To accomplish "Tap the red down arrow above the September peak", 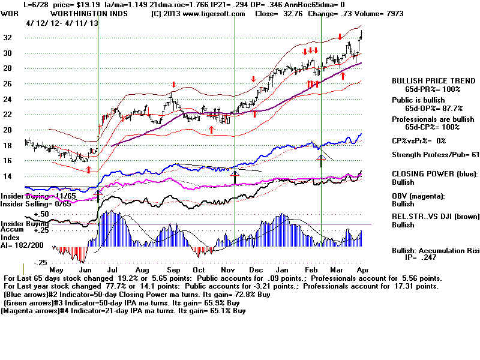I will (174, 85).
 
